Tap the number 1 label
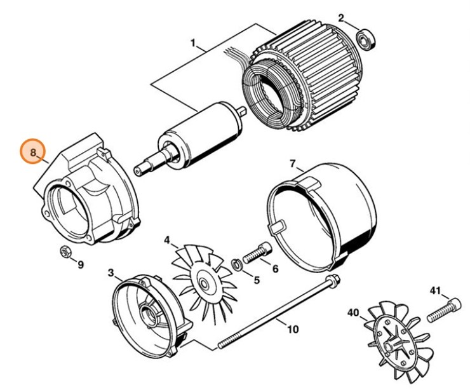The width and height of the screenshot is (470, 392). pyautogui.click(x=194, y=43)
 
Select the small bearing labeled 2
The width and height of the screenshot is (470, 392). pyautogui.click(x=366, y=40)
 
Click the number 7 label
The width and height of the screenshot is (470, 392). pyautogui.click(x=293, y=164)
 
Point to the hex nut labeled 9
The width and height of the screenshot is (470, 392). pyautogui.click(x=65, y=252)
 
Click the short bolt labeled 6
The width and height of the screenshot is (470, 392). pyautogui.click(x=257, y=252)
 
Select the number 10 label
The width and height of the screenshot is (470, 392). pyautogui.click(x=293, y=329)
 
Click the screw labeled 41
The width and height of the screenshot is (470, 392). pyautogui.click(x=445, y=311)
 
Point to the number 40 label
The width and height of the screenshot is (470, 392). pyautogui.click(x=353, y=313)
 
